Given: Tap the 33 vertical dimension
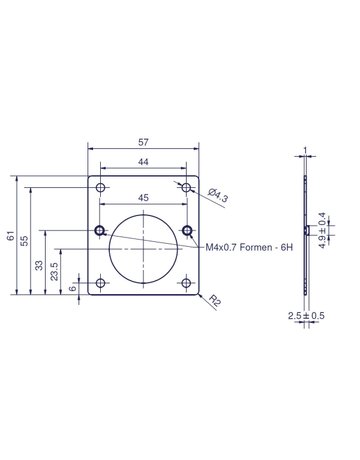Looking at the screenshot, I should pos(39,265).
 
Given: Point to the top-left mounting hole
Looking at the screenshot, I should pos(100,189).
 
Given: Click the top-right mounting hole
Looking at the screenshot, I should pos(186,189).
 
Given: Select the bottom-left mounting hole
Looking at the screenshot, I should pos(100,284).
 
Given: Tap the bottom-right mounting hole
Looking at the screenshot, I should pos(186,284).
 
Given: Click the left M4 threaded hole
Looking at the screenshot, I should pos(99,231).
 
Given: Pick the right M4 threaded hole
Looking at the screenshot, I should pos(187,231).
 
